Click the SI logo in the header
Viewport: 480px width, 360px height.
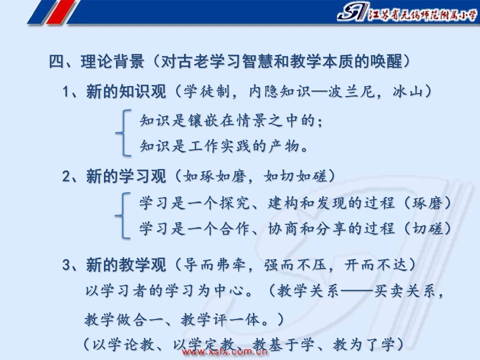[x=352, y=12]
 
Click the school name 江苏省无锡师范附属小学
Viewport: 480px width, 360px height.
[x=423, y=14]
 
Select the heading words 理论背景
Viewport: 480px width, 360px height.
[x=112, y=61]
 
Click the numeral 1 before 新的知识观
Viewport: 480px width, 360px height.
[x=65, y=91]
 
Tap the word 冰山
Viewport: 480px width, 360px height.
[x=408, y=91]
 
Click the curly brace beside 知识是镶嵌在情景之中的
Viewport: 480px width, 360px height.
[x=123, y=133]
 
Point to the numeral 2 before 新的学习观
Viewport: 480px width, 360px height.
[x=66, y=176]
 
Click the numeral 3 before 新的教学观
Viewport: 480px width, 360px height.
[x=66, y=265]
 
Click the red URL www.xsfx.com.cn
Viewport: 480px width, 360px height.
[x=225, y=352]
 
